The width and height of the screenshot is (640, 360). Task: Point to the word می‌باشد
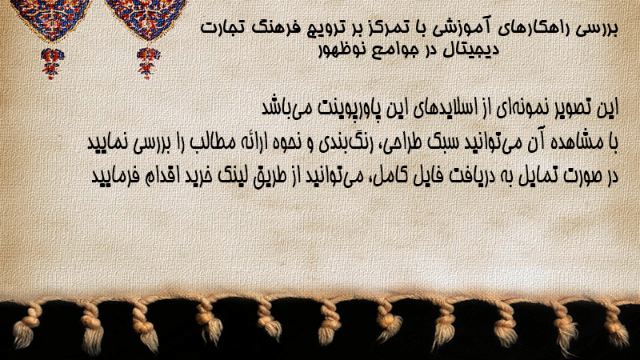tap(286, 108)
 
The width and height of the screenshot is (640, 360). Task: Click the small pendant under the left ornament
tap(51, 63)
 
